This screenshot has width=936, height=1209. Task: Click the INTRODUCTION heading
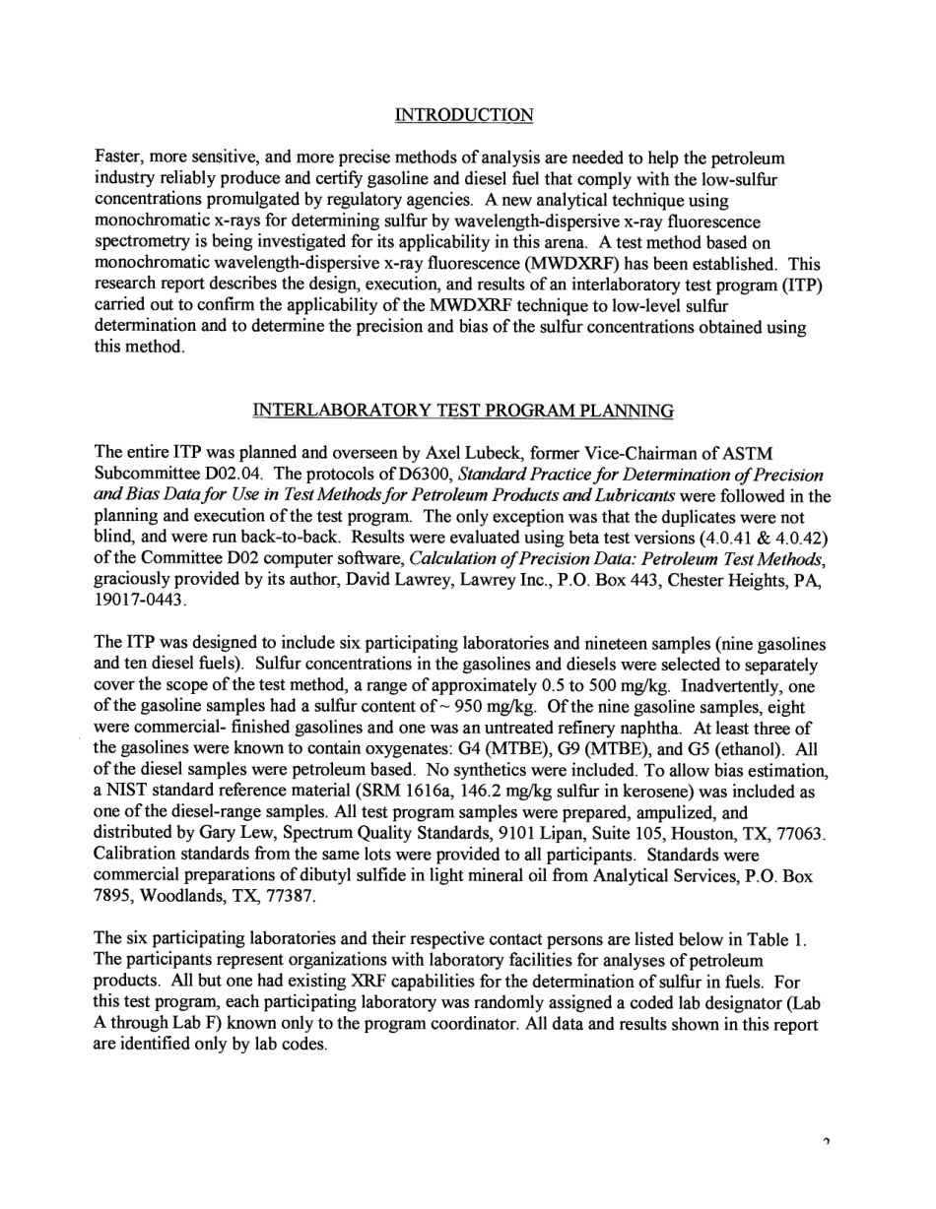(464, 115)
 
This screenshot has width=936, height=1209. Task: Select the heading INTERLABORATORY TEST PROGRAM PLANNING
(463, 410)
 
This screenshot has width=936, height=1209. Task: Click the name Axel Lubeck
(472, 453)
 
